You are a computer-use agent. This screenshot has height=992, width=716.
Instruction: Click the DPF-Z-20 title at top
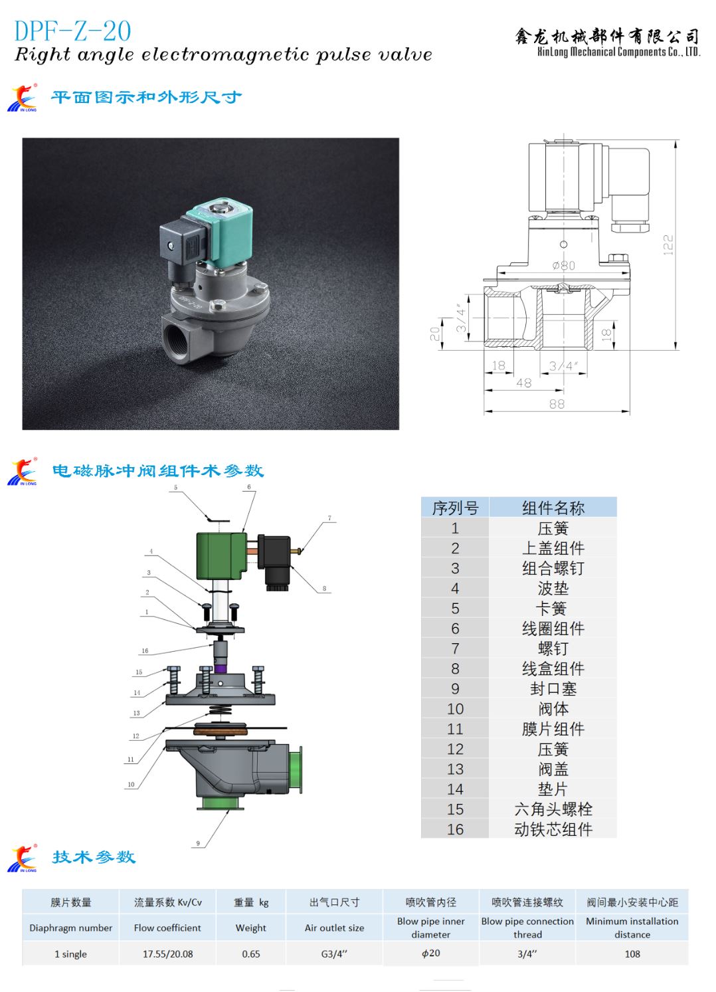tap(72, 31)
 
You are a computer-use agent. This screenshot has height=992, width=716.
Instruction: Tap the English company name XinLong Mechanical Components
tap(618, 52)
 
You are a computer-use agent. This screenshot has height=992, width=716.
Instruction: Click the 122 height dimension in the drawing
tap(668, 245)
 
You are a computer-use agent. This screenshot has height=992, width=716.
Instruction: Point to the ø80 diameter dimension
tap(564, 265)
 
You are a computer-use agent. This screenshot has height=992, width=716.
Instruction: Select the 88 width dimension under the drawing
tap(557, 404)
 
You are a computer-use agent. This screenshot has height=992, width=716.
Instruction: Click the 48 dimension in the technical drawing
tap(524, 383)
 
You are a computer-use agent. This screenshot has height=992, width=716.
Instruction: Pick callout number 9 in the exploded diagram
tap(198, 843)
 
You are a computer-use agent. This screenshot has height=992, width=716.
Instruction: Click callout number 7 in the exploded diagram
tap(329, 518)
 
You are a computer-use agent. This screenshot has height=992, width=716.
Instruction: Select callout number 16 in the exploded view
tap(145, 650)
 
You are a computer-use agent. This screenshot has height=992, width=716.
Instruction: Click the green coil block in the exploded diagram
tap(221, 555)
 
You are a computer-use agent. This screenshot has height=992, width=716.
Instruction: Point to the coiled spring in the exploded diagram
tap(220, 710)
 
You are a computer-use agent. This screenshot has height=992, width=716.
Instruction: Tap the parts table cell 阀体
tap(553, 709)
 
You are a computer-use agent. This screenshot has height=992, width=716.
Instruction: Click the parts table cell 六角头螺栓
tap(553, 809)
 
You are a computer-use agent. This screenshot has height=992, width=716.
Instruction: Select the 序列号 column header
tap(455, 508)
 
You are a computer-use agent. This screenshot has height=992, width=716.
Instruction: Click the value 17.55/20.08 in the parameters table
tap(168, 954)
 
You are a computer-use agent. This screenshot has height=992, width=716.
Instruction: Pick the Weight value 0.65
tap(251, 954)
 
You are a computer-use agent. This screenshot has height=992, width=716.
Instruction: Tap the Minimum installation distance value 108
tap(632, 954)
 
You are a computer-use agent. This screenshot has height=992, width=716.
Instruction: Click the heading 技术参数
tap(94, 857)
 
